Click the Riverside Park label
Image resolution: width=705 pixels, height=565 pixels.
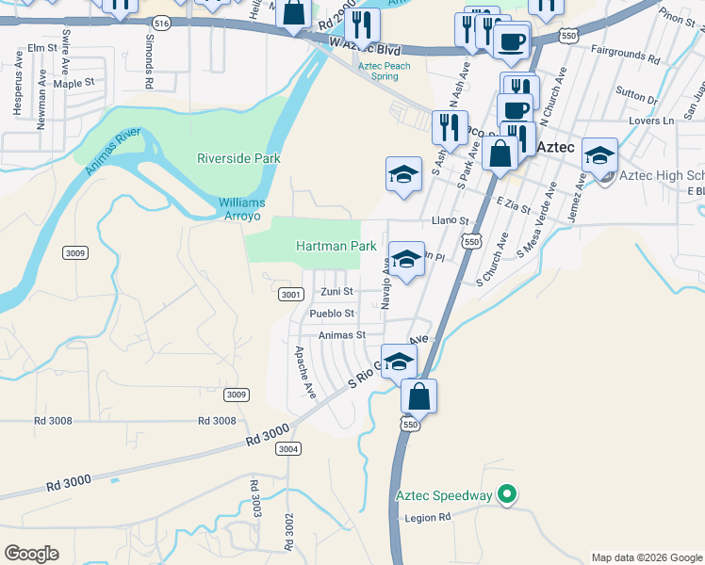(x=238, y=158)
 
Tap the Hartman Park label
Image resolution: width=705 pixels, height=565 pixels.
(x=336, y=246)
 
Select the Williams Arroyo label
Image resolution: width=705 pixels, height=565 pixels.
(x=242, y=209)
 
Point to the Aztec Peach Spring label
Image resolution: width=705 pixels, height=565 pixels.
(x=391, y=71)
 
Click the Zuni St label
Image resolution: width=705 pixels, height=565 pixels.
(x=336, y=292)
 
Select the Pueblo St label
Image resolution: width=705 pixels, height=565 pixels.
(x=332, y=314)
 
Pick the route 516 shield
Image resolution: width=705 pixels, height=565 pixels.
(x=162, y=23)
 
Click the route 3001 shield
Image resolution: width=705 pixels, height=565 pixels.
(x=290, y=295)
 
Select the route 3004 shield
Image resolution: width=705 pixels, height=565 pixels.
(x=288, y=448)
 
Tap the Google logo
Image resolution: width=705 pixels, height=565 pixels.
(x=31, y=554)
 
